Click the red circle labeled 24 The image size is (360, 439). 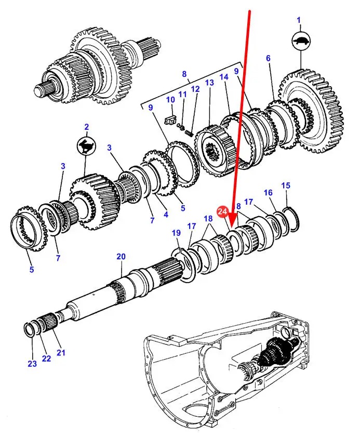[222, 211]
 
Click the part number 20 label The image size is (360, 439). [121, 257]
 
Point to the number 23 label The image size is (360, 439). [32, 364]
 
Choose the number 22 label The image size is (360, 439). [46, 358]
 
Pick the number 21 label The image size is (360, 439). [61, 352]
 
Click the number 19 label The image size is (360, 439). [176, 233]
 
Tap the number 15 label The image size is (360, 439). [286, 185]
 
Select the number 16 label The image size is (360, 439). [268, 193]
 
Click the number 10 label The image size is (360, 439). [170, 100]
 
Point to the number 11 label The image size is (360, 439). [182, 94]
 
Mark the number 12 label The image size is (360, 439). [195, 89]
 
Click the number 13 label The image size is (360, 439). [209, 83]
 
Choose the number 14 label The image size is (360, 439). [224, 77]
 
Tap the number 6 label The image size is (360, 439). [268, 58]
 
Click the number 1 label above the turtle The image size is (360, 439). [299, 20]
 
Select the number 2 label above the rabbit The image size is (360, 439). [87, 127]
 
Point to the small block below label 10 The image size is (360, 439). [170, 120]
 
